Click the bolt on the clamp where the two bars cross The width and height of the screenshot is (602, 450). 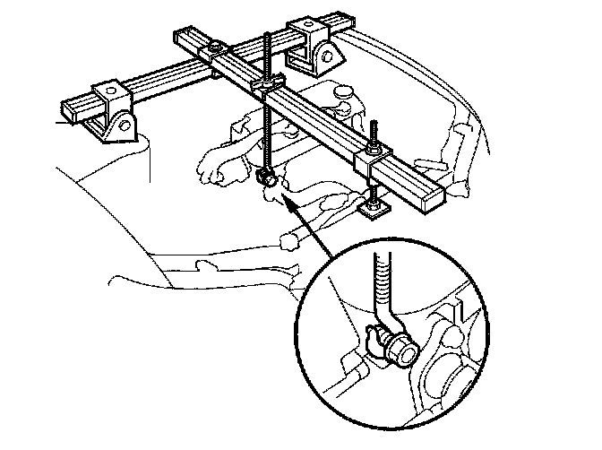[217, 47]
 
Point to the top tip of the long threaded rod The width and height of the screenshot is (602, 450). [268, 35]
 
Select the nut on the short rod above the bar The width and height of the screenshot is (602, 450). [374, 144]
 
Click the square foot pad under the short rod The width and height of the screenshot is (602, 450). [371, 211]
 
